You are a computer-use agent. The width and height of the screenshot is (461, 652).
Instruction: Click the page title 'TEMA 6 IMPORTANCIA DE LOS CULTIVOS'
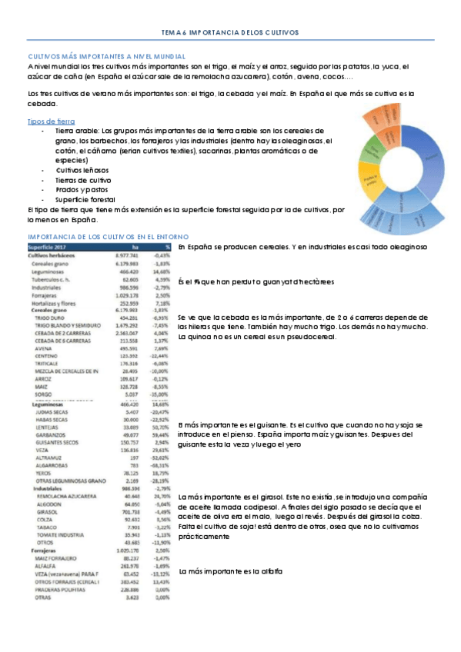pos(231,33)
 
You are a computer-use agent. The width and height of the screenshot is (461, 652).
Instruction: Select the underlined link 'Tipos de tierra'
pos(51,121)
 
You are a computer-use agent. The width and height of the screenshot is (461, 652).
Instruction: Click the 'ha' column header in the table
pos(134,247)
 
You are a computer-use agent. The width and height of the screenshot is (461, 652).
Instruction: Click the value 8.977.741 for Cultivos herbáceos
pos(125,255)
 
